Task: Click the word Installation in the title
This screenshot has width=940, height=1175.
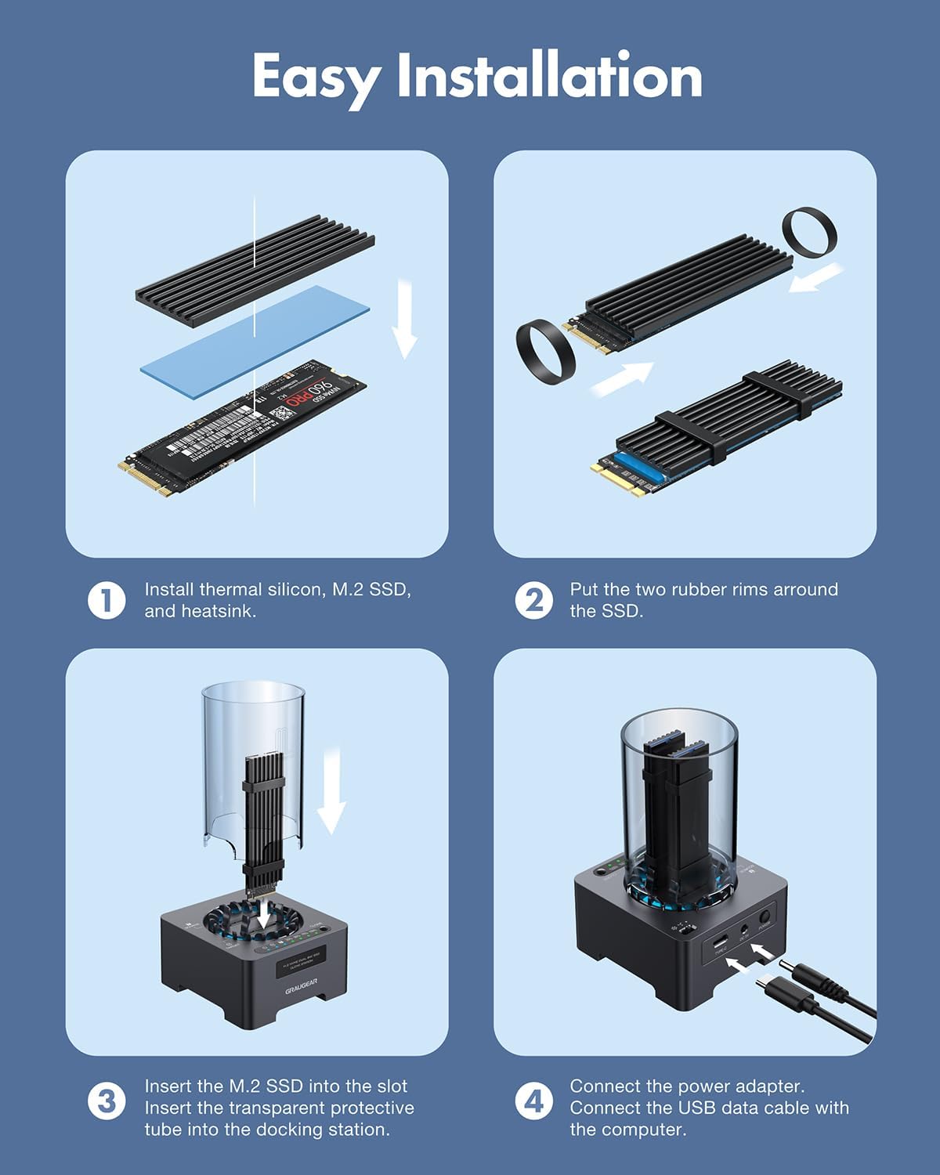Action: coord(548,77)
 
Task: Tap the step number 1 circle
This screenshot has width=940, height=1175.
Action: coord(106,601)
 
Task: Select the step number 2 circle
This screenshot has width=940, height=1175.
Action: coord(533,601)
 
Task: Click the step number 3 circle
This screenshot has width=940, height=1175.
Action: coord(106,1101)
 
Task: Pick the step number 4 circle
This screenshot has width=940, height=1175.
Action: coord(533,1101)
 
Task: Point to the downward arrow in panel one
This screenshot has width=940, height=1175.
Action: coord(403,321)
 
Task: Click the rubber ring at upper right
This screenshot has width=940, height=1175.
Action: coord(809,233)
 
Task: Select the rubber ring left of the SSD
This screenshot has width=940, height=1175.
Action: coord(545,352)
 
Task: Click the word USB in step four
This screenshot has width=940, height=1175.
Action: coord(699,1108)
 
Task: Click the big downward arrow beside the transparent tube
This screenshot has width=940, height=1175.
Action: coord(332,791)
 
